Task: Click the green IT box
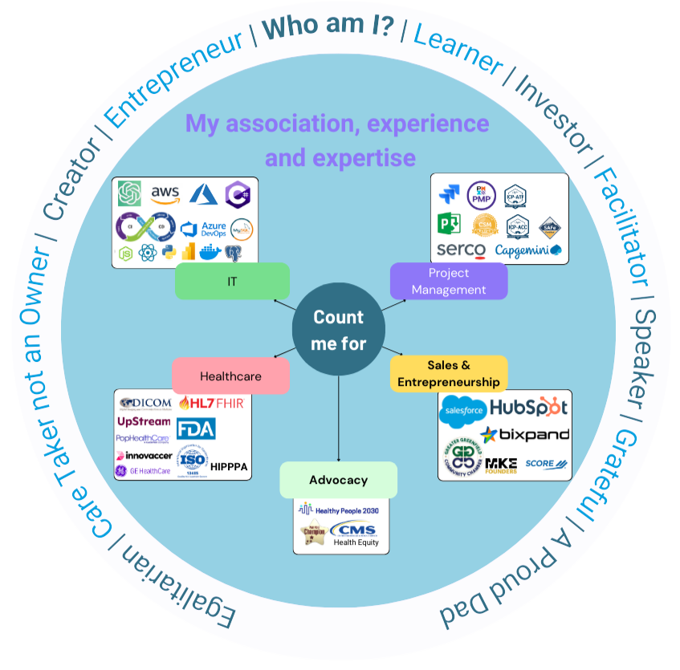click(232, 281)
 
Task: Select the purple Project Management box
click(448, 281)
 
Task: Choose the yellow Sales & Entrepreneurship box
click(449, 374)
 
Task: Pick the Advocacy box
click(338, 480)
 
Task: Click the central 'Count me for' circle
click(338, 330)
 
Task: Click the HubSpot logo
click(529, 407)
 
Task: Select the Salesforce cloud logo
click(463, 411)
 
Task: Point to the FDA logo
click(196, 428)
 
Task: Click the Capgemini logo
click(528, 250)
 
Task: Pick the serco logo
click(461, 250)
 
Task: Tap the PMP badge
click(481, 194)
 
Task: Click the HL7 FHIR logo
click(210, 403)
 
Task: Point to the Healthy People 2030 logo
click(338, 510)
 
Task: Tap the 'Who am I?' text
click(328, 29)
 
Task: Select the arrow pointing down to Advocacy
click(338, 417)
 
